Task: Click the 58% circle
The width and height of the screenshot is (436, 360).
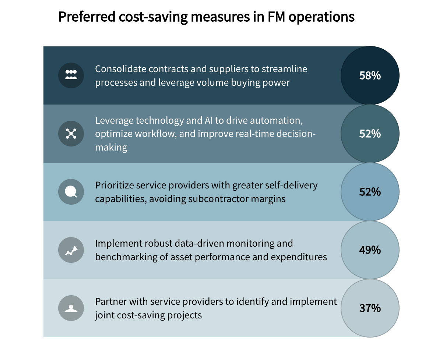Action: [x=370, y=75]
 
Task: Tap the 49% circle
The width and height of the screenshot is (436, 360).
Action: [x=370, y=250]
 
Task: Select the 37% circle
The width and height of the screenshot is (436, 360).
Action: [x=370, y=308]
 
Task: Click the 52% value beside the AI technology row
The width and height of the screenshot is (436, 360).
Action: [x=370, y=134]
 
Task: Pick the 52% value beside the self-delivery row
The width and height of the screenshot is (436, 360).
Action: [x=370, y=192]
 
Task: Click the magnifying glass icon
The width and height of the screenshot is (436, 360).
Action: [x=71, y=192]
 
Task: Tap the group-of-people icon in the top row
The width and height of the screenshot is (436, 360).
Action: [x=71, y=75]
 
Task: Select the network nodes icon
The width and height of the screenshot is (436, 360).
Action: [x=71, y=134]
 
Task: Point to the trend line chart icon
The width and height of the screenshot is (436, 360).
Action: [x=71, y=250]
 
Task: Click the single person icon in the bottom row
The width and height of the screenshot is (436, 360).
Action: [x=71, y=308]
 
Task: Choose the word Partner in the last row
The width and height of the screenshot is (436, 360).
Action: [x=109, y=301]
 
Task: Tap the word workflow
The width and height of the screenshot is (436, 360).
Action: [x=152, y=134]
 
